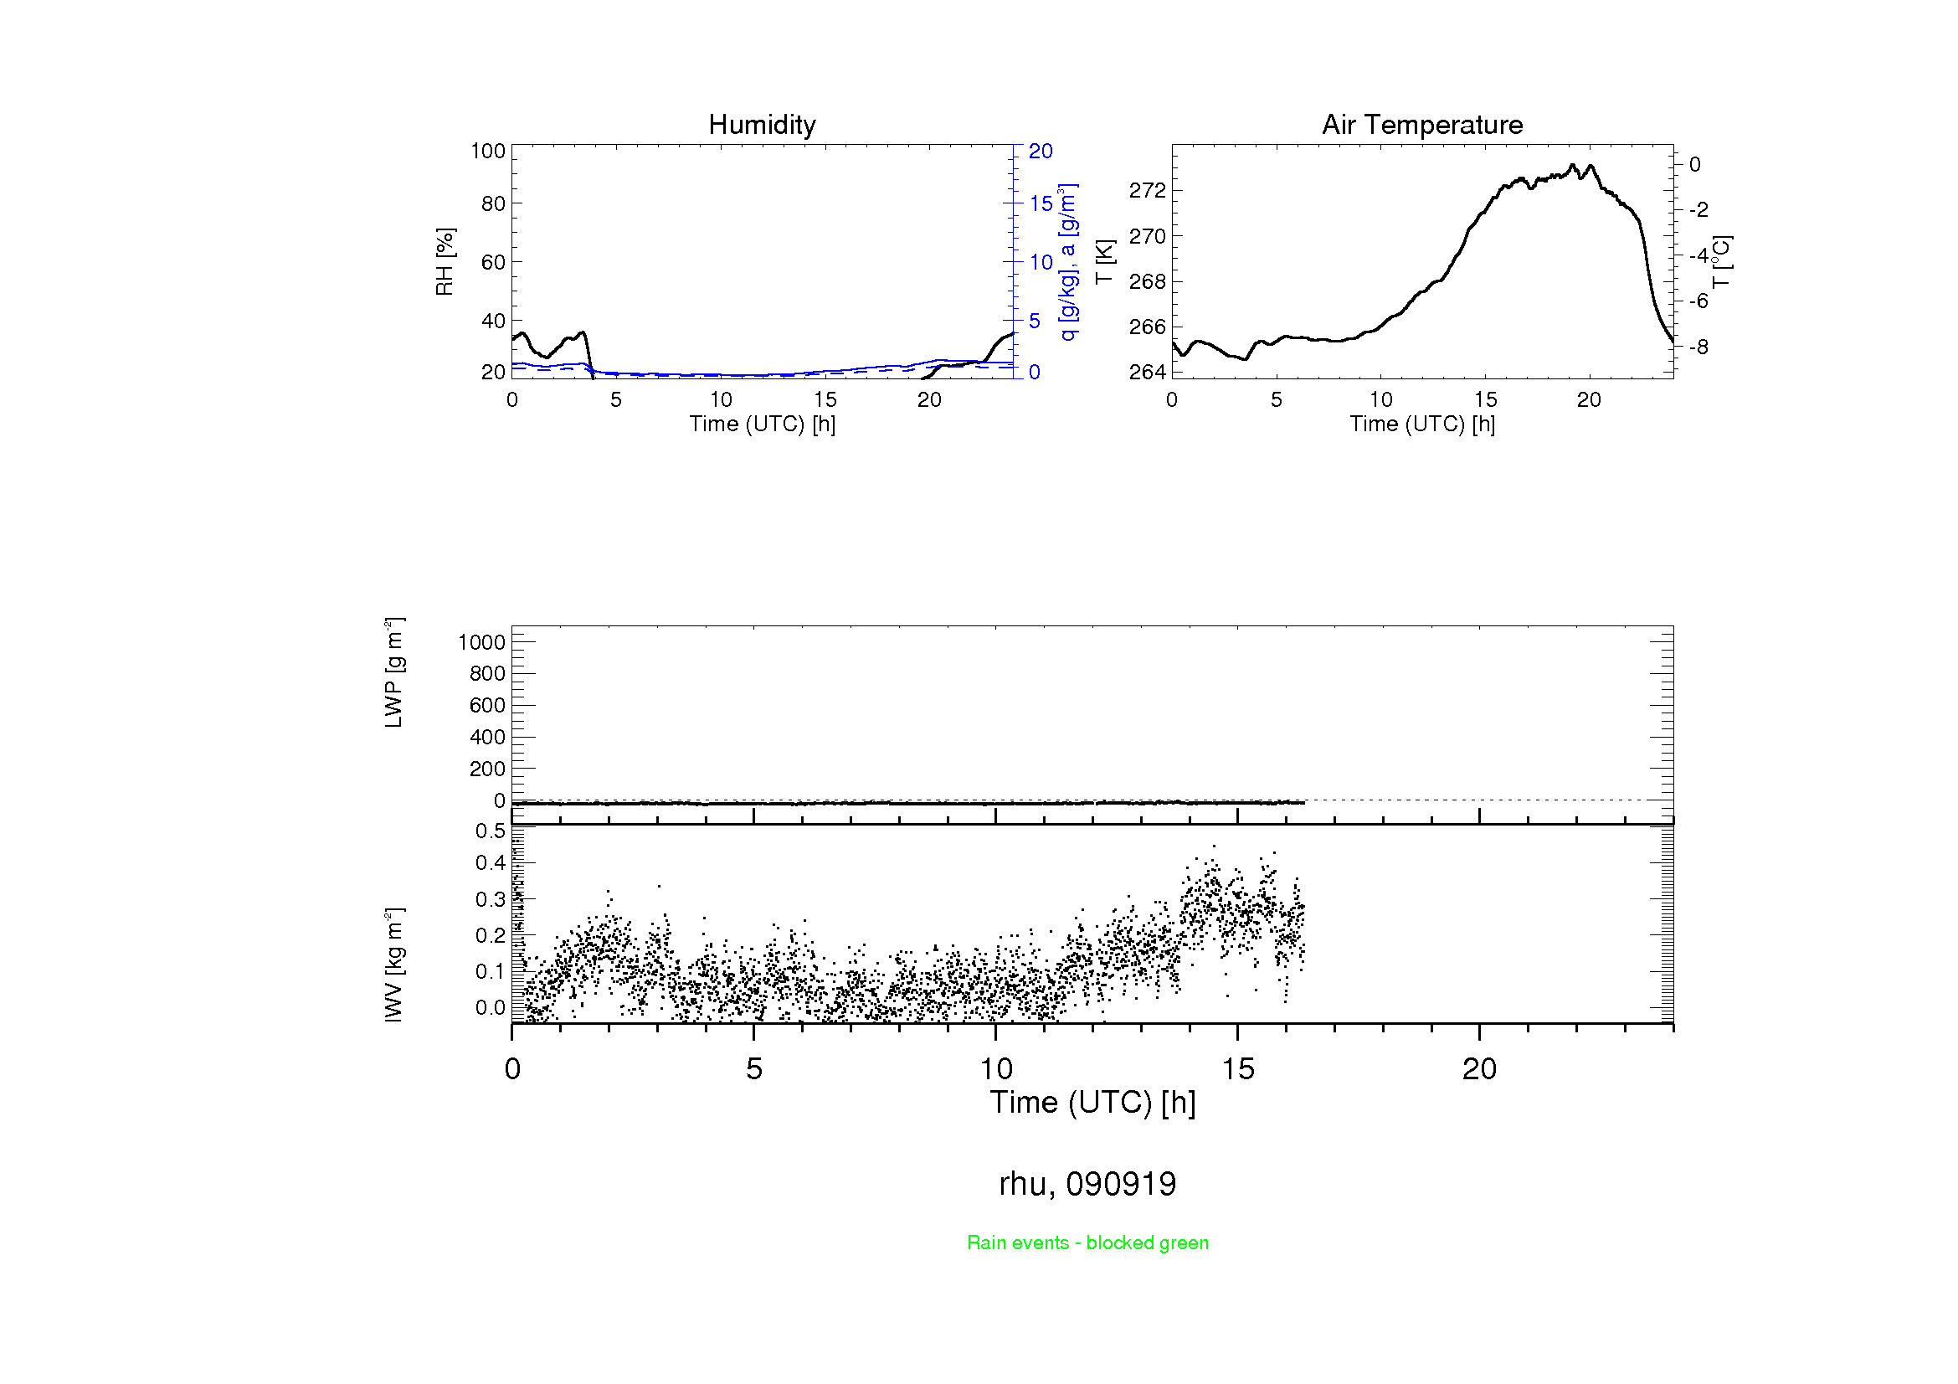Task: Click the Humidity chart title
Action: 762,126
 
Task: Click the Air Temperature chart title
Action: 1421,126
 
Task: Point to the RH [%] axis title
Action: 445,262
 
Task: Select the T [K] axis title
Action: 1104,262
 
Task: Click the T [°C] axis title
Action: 1722,262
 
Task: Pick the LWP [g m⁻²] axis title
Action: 393,673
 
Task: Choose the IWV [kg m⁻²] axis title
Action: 393,965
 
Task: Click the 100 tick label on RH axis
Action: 488,151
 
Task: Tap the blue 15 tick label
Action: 1041,203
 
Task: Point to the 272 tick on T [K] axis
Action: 1147,191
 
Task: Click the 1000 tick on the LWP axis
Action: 482,642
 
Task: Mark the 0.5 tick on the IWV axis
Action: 491,831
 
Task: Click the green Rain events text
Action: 1087,1243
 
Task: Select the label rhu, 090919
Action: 1087,1184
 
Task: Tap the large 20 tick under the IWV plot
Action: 1478,1069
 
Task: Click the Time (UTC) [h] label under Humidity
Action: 762,424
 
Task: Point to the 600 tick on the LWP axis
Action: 487,705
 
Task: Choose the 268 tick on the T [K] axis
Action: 1147,281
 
